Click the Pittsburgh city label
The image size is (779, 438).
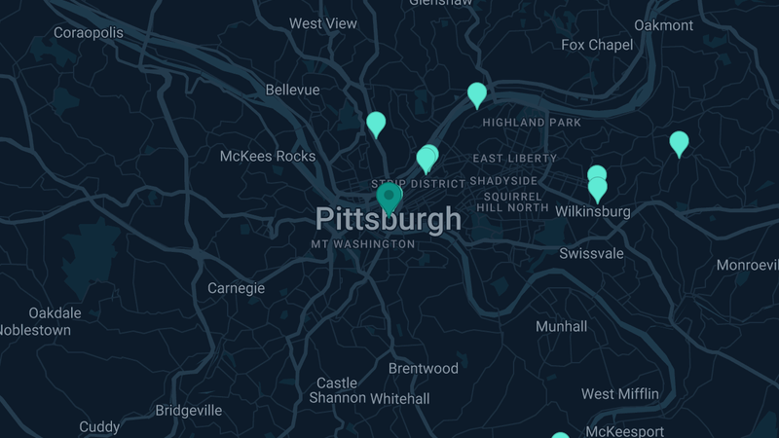(388, 219)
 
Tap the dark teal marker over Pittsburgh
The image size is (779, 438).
(389, 198)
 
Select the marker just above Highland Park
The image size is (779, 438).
(477, 94)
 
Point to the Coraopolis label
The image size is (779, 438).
(89, 33)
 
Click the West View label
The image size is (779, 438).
(323, 23)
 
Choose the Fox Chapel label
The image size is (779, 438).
(597, 45)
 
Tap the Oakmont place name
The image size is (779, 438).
(663, 24)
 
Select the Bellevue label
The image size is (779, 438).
(292, 90)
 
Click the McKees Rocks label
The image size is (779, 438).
(268, 156)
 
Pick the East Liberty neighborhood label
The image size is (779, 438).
(514, 158)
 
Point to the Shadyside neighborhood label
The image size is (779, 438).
(503, 181)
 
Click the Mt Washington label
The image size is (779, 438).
(363, 243)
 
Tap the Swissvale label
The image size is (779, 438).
(591, 253)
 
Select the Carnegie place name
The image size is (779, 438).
(236, 288)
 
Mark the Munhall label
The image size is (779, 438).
(562, 327)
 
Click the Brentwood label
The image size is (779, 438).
(423, 368)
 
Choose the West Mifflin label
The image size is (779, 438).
(619, 394)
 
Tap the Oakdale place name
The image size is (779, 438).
(55, 313)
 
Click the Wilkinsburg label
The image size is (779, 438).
(593, 211)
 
